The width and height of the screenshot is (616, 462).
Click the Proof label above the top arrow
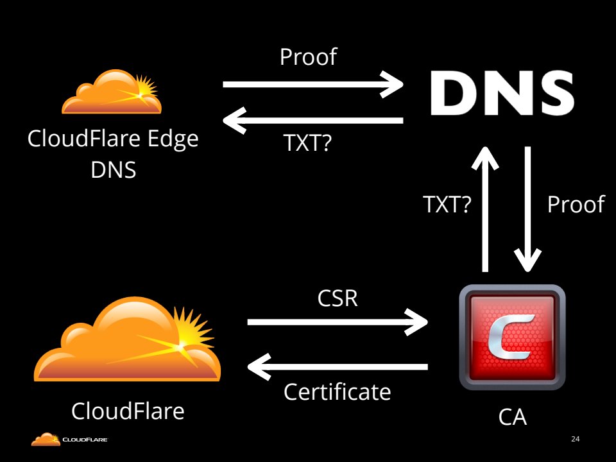coord(308,57)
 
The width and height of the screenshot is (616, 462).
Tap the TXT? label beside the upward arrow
coord(447,205)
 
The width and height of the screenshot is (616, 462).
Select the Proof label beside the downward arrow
coord(576,205)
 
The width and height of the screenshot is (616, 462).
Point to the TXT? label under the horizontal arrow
coord(307,144)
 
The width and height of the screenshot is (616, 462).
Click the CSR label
coord(338,299)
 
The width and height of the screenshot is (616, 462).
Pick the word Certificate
coord(338,391)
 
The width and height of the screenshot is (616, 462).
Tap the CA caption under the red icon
coord(512,417)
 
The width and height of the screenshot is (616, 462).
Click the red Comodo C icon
coord(512,338)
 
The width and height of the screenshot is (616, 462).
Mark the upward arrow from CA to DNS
coord(486,209)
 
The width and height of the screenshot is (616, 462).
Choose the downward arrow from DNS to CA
coord(529,209)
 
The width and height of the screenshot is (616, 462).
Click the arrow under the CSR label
coord(338,322)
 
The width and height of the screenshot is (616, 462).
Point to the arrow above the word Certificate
coord(338,367)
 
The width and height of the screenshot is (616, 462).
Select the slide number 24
coord(575,440)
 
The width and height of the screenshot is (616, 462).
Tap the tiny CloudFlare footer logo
coord(70,440)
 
